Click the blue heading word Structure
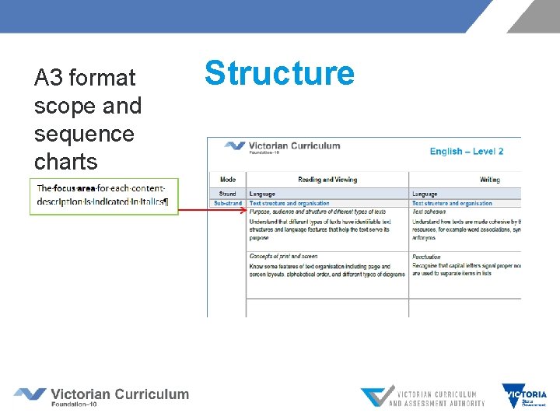click(x=279, y=73)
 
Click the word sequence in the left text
click(x=84, y=134)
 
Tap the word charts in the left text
click(x=66, y=162)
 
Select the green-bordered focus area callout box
click(x=104, y=196)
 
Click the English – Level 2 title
click(x=467, y=151)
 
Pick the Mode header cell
click(x=228, y=180)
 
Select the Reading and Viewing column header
click(x=327, y=180)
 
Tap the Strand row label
click(x=228, y=194)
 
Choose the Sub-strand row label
click(x=228, y=203)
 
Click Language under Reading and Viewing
click(x=262, y=194)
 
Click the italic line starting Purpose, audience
click(x=317, y=212)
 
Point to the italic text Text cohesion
click(x=429, y=212)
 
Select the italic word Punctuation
click(x=426, y=256)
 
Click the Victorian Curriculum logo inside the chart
click(x=282, y=146)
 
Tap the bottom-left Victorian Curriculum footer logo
click(x=101, y=396)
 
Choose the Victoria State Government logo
click(x=524, y=396)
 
